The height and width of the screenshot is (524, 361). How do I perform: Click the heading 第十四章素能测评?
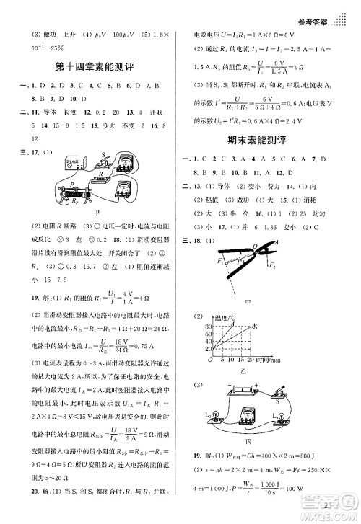pyautogui.click(x=92, y=70)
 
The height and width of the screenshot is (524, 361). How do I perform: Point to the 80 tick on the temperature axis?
pyautogui.click(x=211, y=325)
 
